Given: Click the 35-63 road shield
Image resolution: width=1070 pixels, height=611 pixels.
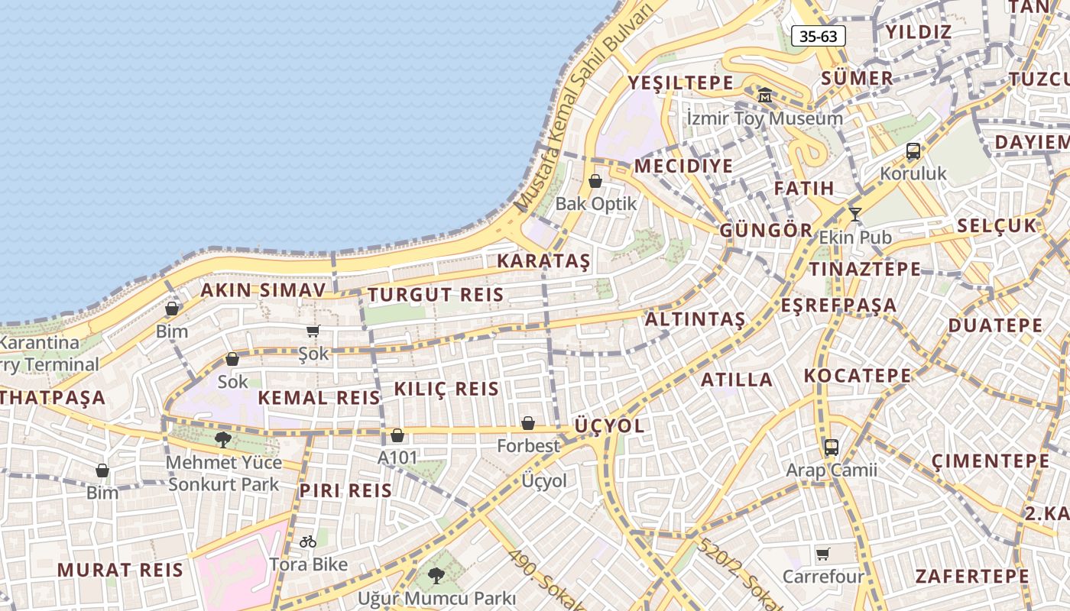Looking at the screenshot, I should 818,36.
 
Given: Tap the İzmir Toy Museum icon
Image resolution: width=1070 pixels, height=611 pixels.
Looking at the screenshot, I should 765,95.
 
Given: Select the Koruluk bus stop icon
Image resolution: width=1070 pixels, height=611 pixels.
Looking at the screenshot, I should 913,151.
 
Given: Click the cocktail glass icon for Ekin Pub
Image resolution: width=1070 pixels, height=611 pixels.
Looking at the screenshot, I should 855,215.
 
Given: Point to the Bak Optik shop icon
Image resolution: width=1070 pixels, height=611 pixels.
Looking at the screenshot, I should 595,181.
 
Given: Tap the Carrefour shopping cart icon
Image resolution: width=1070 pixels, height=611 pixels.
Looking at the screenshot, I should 822,554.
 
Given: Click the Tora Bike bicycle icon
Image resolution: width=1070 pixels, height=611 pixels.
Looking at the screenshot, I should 308,541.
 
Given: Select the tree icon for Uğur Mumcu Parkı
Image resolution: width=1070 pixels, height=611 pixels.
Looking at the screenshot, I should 436,575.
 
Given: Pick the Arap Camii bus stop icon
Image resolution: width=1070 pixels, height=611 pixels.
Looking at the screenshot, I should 832,448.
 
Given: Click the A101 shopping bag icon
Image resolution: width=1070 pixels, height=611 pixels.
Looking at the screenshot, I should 397,435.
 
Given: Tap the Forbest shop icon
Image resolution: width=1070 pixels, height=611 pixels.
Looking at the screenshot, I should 528,422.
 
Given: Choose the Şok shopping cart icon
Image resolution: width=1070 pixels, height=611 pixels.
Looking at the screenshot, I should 313,331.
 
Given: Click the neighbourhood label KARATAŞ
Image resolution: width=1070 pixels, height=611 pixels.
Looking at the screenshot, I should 543,261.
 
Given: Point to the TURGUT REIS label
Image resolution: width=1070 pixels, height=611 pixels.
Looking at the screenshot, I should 436,295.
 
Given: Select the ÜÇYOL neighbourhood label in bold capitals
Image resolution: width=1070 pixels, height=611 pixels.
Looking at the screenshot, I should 609,425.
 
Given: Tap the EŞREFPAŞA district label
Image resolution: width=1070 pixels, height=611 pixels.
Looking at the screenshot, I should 838,305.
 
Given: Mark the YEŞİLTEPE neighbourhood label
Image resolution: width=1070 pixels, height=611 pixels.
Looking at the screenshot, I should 680,82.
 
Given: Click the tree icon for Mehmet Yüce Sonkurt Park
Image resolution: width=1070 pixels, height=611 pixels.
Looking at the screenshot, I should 222,439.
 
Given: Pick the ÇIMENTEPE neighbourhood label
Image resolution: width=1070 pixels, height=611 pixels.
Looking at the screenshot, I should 991,461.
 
